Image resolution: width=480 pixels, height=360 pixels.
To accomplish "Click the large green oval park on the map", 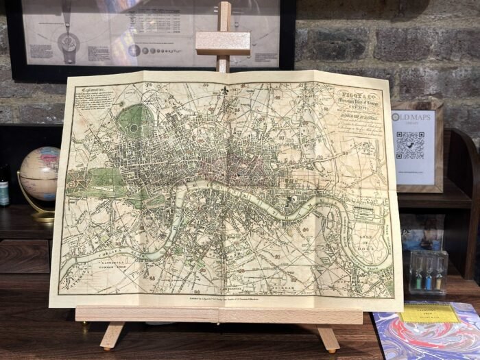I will [130, 121].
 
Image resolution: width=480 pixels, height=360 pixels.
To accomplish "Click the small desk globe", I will [39, 173].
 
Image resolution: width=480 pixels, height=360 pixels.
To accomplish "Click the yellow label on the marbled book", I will [429, 313].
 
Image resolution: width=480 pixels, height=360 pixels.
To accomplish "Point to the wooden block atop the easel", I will [222, 43].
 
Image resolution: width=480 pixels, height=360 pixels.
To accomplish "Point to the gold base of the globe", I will [43, 216].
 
